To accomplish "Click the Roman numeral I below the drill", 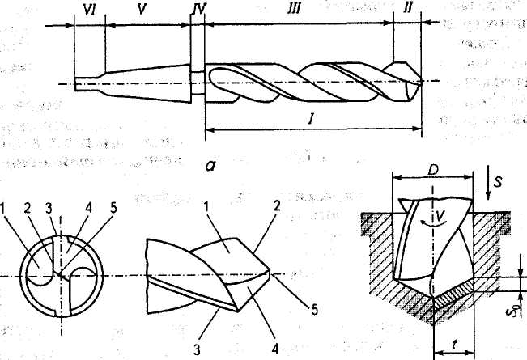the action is pos(311,119).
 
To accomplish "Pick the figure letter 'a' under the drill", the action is pos(210,167).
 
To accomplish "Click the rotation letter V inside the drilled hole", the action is pos(439,218).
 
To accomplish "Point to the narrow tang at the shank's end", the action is pos(87,83).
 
